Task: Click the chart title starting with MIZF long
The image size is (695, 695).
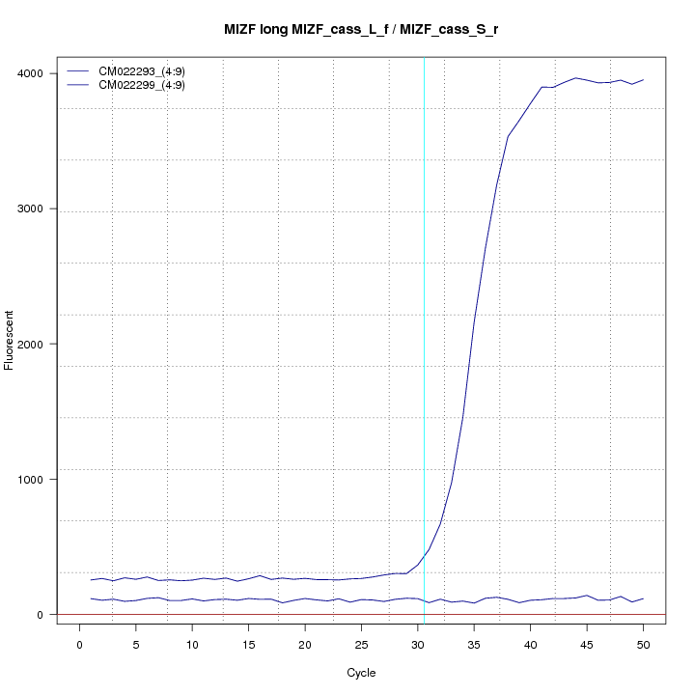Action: click(360, 30)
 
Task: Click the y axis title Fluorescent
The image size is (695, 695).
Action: click(10, 340)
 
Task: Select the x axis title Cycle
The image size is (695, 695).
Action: click(360, 673)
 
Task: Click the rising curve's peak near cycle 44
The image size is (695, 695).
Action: click(575, 78)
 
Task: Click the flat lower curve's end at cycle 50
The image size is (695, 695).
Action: click(643, 598)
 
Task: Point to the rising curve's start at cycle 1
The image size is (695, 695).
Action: click(91, 580)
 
